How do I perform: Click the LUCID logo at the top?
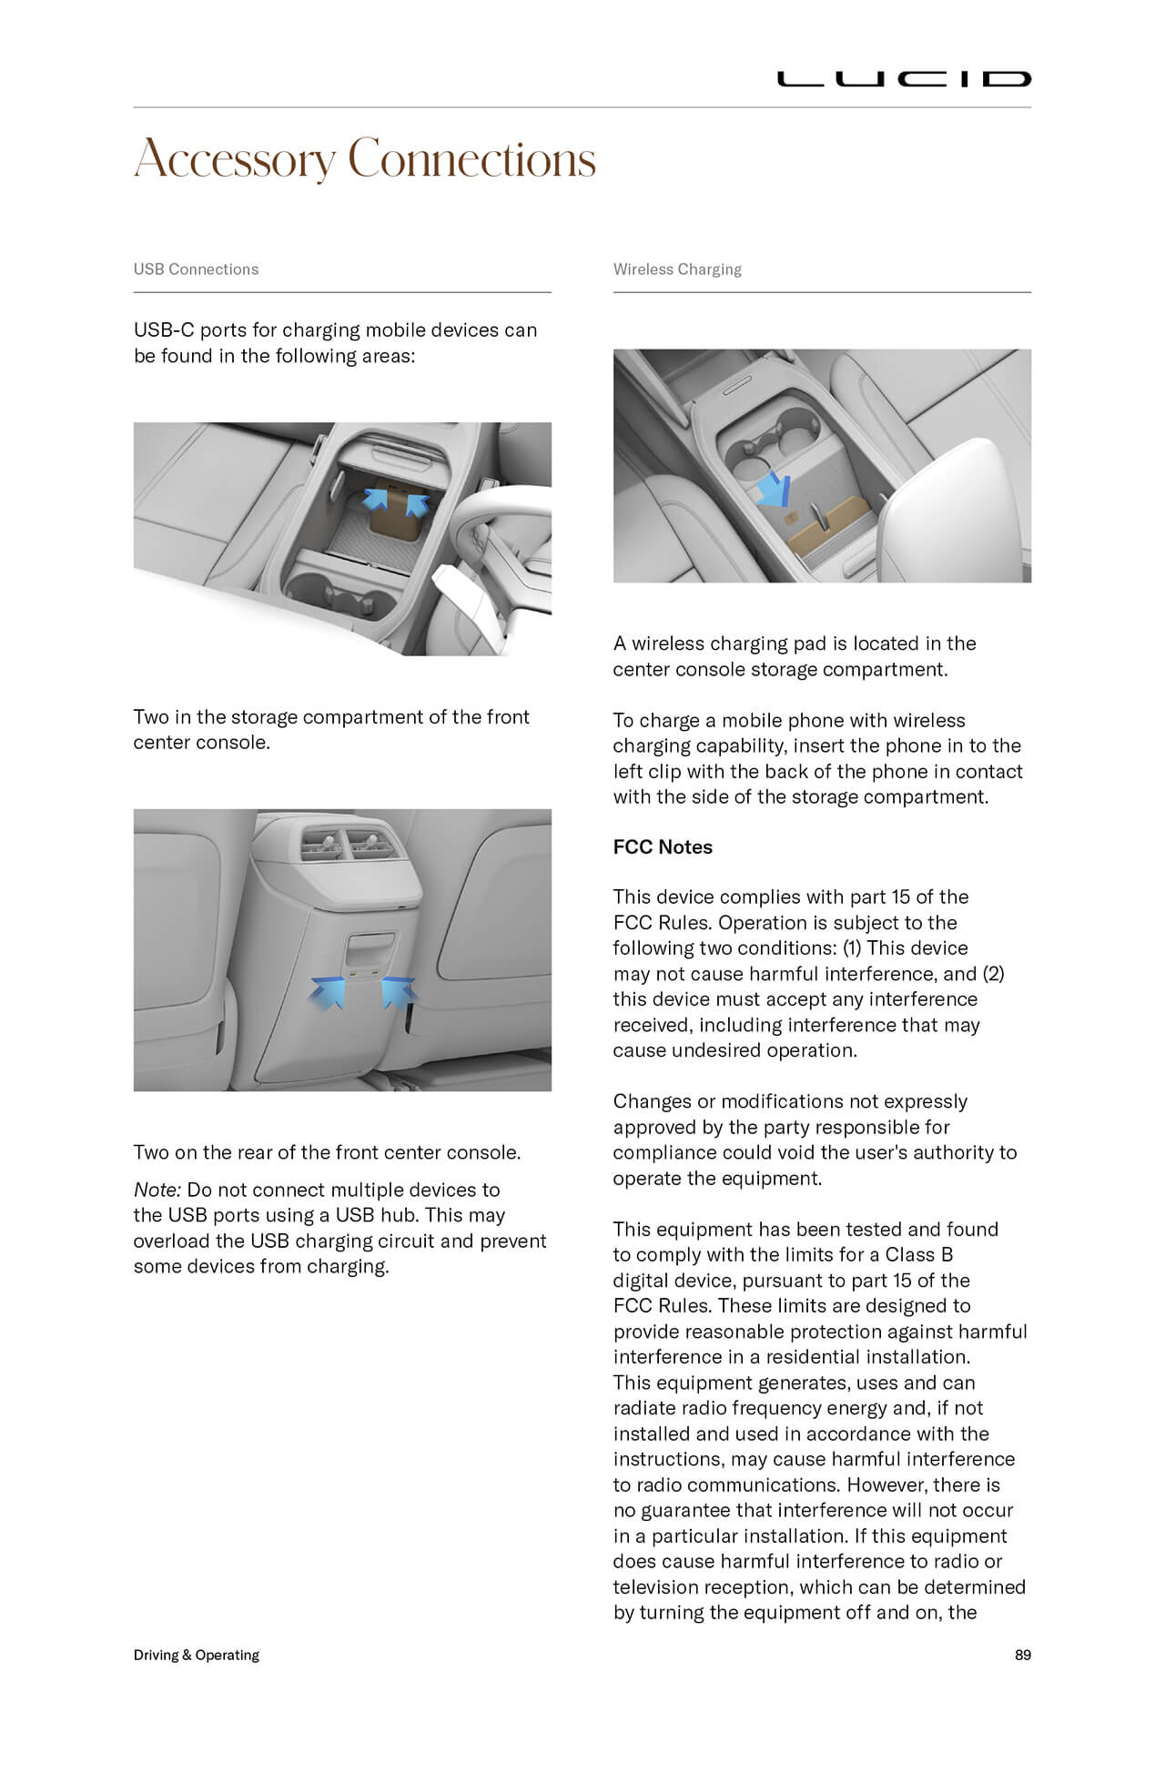tap(903, 79)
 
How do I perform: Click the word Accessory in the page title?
tap(235, 160)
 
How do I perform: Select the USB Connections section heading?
tap(196, 269)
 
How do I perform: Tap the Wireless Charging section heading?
tap(677, 269)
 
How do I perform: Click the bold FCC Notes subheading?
tap(663, 847)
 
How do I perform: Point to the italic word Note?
tap(157, 1190)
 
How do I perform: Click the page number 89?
tap(1022, 1655)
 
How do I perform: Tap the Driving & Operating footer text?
tap(197, 1655)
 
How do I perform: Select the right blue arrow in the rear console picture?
tap(397, 989)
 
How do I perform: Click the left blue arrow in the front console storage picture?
tap(376, 499)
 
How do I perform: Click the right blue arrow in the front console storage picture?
tap(416, 502)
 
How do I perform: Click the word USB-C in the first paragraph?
tap(164, 329)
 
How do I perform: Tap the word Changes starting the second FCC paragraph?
tap(652, 1101)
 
